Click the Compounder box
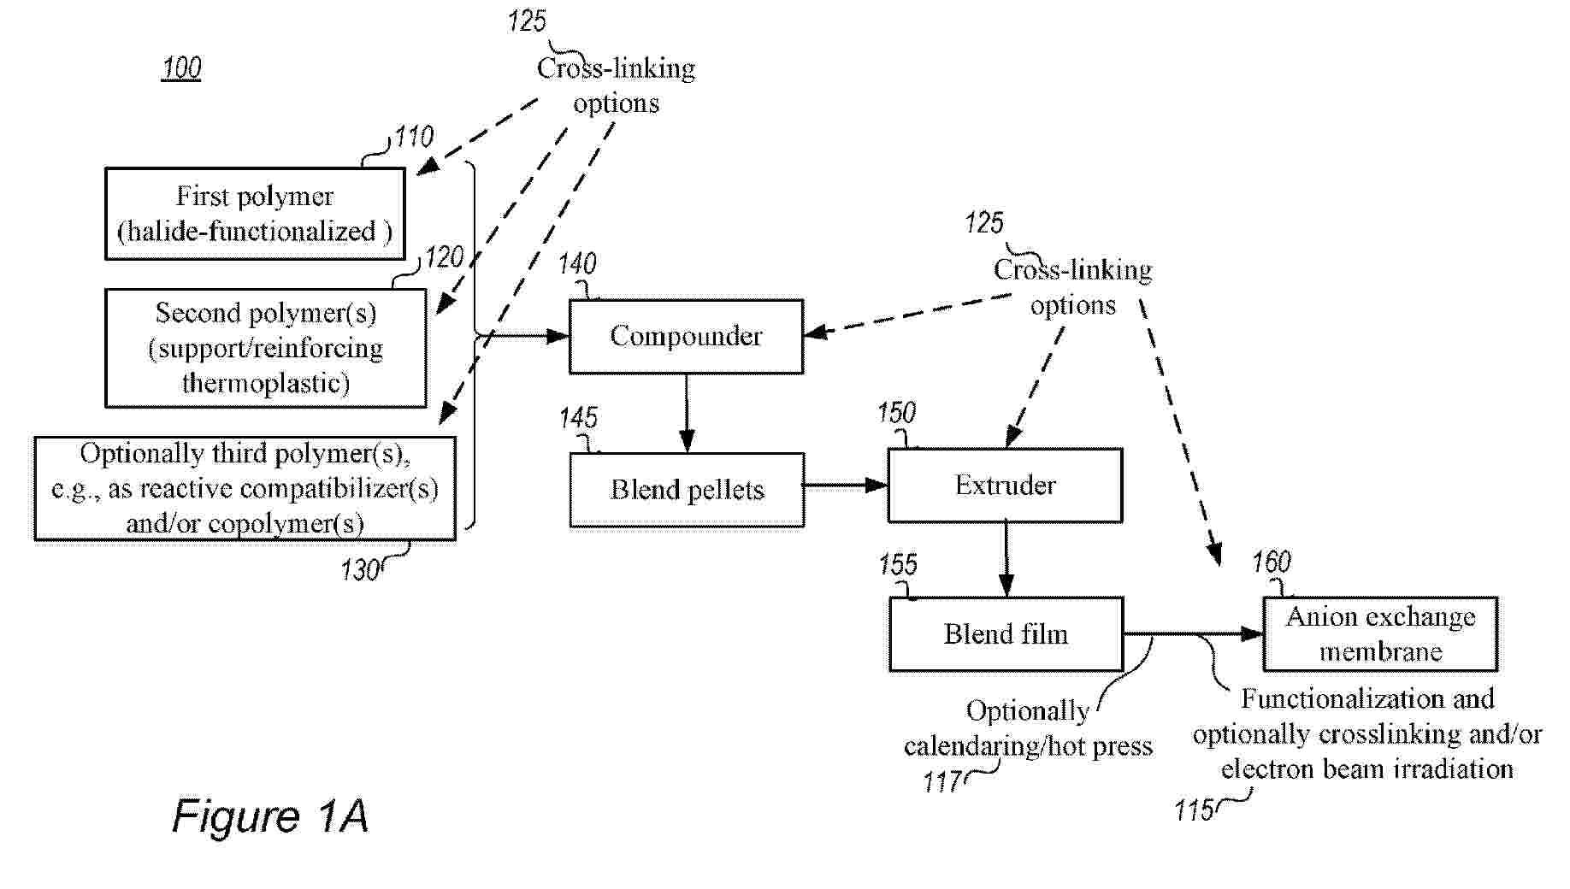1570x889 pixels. [x=686, y=336]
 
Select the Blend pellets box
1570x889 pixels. [x=687, y=489]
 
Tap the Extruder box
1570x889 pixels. [x=1005, y=485]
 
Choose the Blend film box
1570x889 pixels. [x=1006, y=633]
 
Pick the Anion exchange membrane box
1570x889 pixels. [x=1380, y=633]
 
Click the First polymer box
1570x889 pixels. [x=255, y=214]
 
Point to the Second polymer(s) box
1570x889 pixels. [x=265, y=348]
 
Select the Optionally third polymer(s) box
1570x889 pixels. [x=245, y=488]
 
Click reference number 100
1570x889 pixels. [x=181, y=68]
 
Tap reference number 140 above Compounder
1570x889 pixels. [x=577, y=264]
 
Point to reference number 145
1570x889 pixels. [x=578, y=418]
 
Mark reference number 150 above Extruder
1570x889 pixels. [x=896, y=414]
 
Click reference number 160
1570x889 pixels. [x=1272, y=562]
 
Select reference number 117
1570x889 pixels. [x=941, y=782]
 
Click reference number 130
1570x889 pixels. [x=360, y=570]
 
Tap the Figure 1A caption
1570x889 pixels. [x=270, y=815]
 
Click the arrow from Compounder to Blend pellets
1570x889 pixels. [x=686, y=412]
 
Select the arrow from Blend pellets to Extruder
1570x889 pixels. [x=845, y=486]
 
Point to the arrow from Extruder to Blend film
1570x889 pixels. [x=1006, y=559]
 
